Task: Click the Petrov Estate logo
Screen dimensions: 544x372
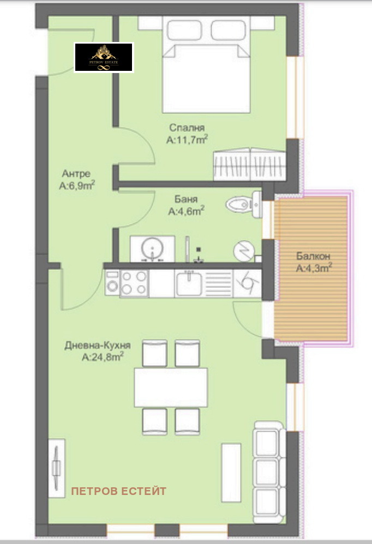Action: [x=104, y=57]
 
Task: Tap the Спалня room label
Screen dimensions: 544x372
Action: [x=187, y=128]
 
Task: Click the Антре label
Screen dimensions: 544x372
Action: [x=76, y=173]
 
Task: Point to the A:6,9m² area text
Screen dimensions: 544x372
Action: [x=77, y=185]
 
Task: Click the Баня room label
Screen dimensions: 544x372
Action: [x=186, y=199]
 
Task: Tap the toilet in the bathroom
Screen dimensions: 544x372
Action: [x=244, y=204]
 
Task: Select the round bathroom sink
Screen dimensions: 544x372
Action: [x=152, y=250]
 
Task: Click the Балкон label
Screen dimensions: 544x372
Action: [x=314, y=256]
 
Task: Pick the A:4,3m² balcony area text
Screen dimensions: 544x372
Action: [x=314, y=268]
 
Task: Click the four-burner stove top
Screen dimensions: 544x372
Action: [x=134, y=283]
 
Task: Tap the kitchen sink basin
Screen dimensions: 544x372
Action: [x=189, y=283]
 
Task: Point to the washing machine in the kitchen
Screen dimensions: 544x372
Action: [x=112, y=285]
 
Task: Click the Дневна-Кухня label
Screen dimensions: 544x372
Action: [x=98, y=346]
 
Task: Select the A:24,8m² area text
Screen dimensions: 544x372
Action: [x=102, y=358]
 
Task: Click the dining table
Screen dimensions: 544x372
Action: [x=171, y=387]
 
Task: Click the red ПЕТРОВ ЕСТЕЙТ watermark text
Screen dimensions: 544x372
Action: [x=119, y=491]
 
